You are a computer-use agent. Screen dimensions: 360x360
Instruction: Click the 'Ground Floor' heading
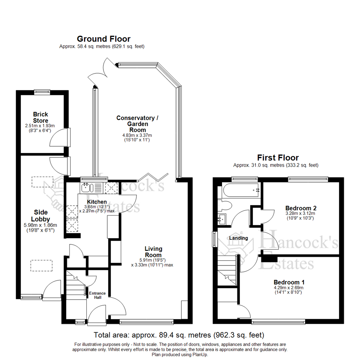click(x=104, y=39)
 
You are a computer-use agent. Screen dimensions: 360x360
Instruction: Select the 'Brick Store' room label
click(x=40, y=117)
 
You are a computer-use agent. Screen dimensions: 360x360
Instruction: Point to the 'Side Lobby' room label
click(x=40, y=216)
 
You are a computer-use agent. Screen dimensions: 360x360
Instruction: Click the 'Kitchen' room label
click(x=97, y=202)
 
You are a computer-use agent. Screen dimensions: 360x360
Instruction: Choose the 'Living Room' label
click(x=153, y=252)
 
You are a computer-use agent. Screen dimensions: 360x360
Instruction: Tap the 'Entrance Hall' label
click(x=97, y=295)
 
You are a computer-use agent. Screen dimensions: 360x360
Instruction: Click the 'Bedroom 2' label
click(x=299, y=208)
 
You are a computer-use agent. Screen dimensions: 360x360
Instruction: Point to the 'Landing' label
click(x=238, y=238)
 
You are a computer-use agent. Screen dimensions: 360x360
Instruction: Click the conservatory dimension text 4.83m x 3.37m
click(x=140, y=135)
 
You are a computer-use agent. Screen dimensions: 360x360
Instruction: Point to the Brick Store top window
click(x=43, y=90)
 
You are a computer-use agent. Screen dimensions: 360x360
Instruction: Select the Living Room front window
click(x=146, y=322)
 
